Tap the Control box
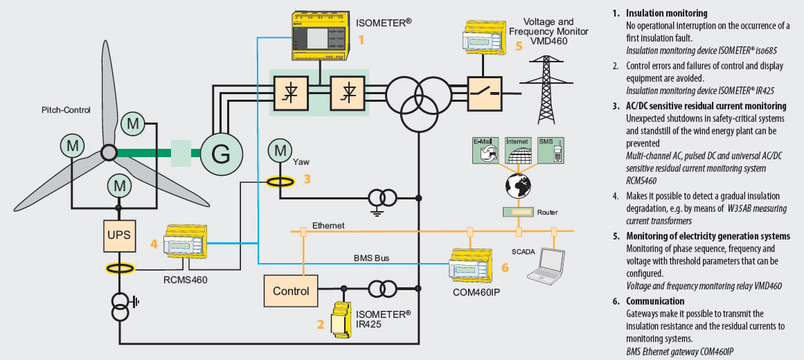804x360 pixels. pos(290,291)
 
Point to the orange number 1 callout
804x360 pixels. pos(360,41)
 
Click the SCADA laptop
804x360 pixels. pos(544,266)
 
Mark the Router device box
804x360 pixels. pos(518,213)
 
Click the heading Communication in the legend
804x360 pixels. pos(655,301)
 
